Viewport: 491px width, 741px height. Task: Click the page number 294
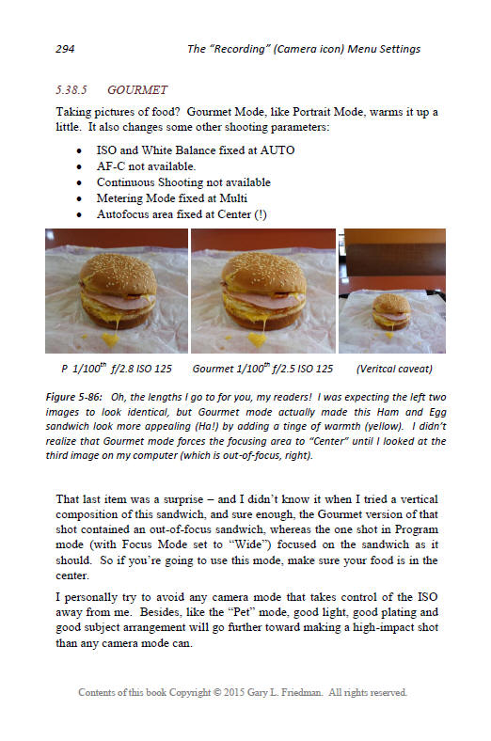point(65,49)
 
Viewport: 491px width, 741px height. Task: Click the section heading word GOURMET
point(137,89)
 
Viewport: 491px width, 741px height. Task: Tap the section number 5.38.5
point(71,89)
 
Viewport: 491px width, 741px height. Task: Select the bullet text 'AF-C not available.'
point(146,166)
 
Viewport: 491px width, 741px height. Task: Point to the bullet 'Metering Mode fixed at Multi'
point(172,198)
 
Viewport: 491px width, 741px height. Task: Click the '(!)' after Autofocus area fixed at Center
point(261,214)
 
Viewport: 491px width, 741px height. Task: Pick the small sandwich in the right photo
point(391,312)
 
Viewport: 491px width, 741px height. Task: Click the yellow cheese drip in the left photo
point(111,337)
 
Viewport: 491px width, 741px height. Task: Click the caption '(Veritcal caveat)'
point(394,369)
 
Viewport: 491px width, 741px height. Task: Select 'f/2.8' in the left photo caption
point(122,369)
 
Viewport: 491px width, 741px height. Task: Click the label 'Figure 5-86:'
point(73,397)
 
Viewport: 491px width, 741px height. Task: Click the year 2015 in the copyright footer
point(234,692)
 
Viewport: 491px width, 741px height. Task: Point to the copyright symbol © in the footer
point(217,692)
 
